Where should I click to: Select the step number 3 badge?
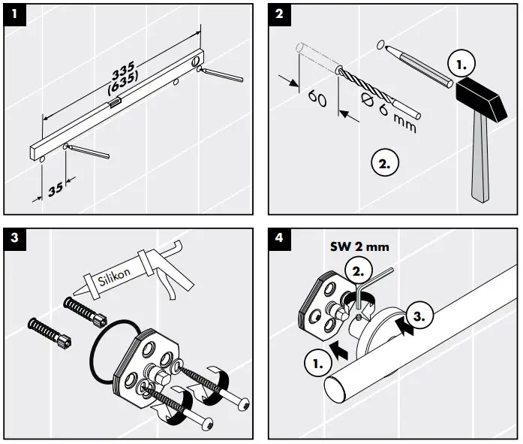(x=13, y=238)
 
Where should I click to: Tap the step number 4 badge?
(x=279, y=238)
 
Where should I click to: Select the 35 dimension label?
(x=55, y=189)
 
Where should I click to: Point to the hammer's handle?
(x=479, y=162)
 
